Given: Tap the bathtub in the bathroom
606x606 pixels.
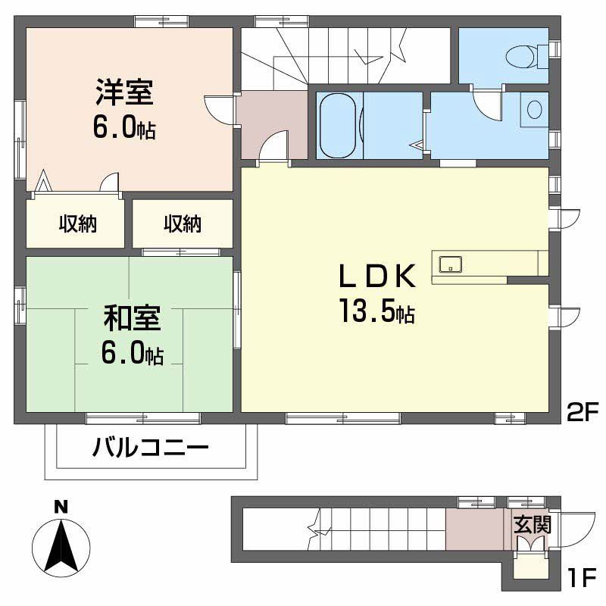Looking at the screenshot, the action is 338,126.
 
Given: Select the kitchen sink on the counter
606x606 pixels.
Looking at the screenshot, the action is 450,264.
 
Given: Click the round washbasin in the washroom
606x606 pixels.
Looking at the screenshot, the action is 534,109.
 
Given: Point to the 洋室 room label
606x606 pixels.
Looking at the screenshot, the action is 124,92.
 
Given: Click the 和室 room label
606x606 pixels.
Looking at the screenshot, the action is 132,318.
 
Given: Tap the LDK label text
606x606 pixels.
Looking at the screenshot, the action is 377,276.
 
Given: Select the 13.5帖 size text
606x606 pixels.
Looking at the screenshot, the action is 377,311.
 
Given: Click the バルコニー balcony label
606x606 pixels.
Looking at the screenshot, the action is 151,448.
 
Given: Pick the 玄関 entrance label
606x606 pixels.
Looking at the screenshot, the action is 533,525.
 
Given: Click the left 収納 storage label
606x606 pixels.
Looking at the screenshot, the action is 78,223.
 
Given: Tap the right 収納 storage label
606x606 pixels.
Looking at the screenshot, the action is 183,223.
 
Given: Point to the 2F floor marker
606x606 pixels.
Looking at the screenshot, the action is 583,411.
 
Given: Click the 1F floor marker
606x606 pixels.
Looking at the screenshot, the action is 583,579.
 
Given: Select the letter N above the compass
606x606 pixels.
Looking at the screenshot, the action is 61,507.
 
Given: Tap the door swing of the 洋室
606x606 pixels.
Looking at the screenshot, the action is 217,109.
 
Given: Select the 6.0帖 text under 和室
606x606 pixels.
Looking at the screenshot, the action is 132,353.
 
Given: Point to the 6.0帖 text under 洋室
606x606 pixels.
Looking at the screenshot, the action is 124,127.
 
